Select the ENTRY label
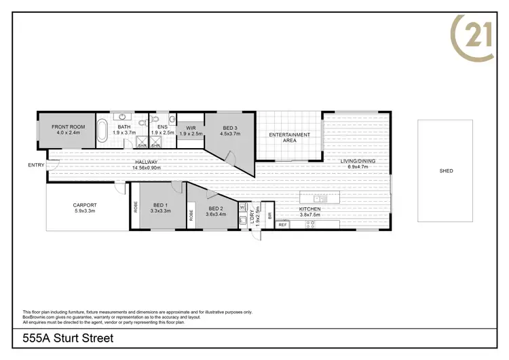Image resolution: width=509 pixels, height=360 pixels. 35,165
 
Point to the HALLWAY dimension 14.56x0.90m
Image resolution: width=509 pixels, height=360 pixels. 147,167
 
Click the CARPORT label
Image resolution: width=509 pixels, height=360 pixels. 85,204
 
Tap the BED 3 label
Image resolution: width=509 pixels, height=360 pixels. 228,128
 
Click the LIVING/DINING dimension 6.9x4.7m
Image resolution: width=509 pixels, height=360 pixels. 357,166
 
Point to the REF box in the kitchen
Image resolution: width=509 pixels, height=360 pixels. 283,224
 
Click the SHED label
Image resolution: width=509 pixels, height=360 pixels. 445,171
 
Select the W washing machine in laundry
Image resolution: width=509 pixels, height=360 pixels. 242,206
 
